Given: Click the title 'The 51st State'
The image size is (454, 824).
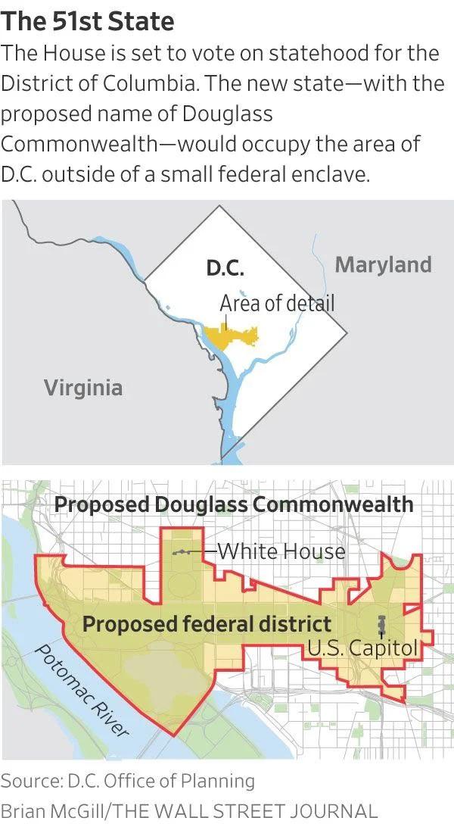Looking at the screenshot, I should click(x=88, y=20).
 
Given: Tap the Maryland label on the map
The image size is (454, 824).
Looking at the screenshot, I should click(x=383, y=264).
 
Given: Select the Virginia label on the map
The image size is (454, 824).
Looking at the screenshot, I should click(x=82, y=388).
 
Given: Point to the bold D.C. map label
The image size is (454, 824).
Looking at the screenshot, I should click(x=225, y=269).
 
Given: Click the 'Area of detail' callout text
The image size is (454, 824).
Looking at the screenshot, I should click(x=277, y=303).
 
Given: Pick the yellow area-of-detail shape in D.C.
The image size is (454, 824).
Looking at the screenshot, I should click(x=228, y=335).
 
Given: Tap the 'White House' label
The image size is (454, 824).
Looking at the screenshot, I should click(x=281, y=551).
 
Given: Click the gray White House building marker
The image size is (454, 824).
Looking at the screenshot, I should click(x=182, y=552).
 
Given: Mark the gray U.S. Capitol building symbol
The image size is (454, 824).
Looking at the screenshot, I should click(x=381, y=626).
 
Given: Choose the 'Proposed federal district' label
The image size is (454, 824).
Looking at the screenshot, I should click(x=207, y=624).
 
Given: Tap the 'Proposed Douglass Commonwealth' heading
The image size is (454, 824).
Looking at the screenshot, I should click(x=235, y=504).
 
